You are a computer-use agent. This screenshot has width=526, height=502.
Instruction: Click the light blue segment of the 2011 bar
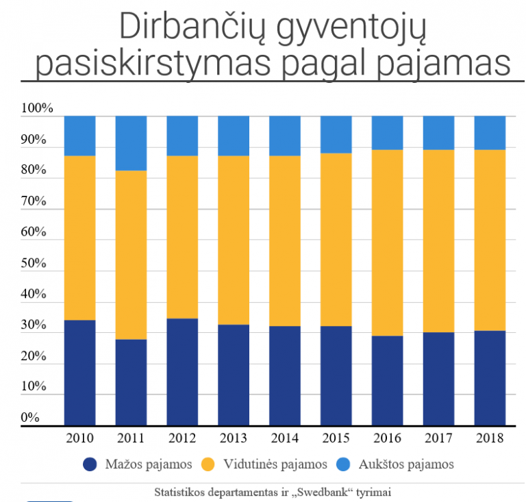[131, 143]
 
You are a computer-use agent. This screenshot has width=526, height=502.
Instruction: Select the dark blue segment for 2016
[387, 380]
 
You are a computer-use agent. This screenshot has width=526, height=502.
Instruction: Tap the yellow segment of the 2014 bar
[284, 241]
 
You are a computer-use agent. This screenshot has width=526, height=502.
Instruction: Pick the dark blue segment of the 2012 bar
[182, 372]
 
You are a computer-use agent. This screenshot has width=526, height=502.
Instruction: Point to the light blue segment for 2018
[490, 133]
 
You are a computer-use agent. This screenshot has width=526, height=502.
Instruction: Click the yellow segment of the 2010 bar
[79, 238]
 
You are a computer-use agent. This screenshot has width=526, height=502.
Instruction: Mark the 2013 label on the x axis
[233, 438]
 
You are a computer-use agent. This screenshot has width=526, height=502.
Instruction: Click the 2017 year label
[438, 438]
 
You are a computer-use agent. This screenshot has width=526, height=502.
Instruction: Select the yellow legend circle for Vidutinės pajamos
[208, 464]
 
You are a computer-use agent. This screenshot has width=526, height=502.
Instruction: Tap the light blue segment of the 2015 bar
[336, 134]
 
